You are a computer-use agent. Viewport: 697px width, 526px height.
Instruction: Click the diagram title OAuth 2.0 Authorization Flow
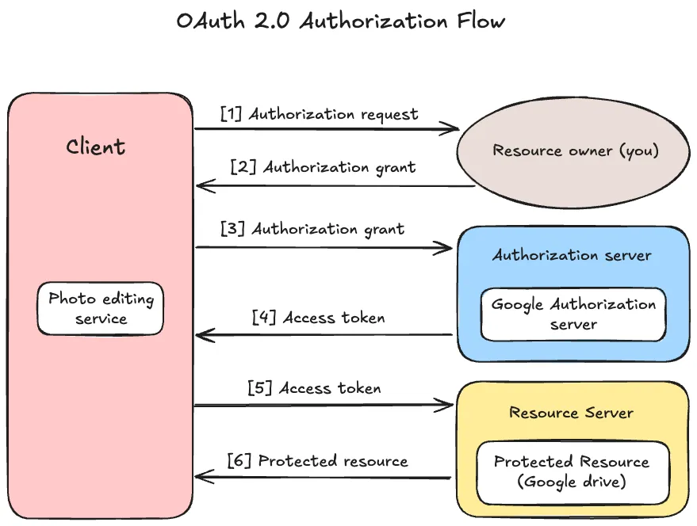click(340, 21)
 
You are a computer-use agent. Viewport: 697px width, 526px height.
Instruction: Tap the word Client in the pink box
click(95, 147)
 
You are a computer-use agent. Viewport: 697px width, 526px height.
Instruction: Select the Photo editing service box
click(101, 308)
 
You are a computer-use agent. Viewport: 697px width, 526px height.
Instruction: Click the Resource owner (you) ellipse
click(576, 151)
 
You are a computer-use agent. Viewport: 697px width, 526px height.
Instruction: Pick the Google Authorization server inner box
click(573, 314)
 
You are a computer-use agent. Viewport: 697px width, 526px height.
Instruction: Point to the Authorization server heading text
click(571, 255)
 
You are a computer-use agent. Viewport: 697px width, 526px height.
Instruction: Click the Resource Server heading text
click(571, 413)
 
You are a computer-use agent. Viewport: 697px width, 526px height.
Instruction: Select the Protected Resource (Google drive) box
click(571, 472)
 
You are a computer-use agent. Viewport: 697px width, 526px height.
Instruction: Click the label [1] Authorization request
click(319, 114)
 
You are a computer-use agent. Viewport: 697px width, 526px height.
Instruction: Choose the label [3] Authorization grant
click(313, 229)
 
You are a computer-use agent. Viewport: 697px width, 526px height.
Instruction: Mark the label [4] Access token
click(318, 318)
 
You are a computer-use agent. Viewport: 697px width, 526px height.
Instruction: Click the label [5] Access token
click(314, 388)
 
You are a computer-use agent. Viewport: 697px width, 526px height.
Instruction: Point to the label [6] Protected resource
click(317, 460)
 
